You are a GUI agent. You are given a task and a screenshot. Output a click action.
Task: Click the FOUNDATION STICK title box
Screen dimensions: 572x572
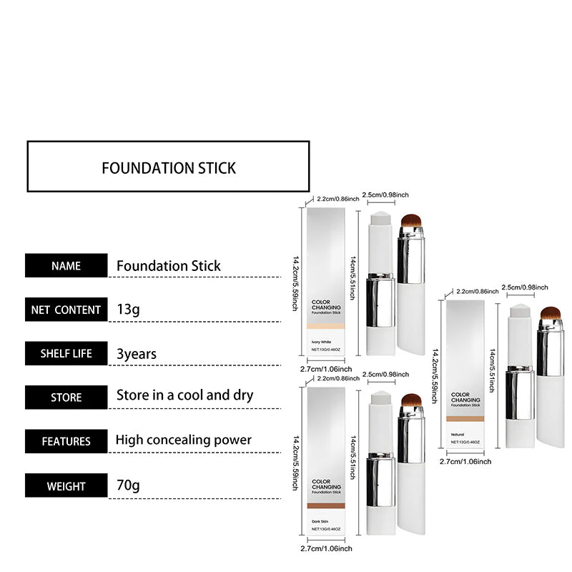(168, 167)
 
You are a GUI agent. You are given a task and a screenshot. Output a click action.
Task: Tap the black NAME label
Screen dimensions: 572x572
(66, 266)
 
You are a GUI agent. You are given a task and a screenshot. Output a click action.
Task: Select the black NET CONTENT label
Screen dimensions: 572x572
(66, 310)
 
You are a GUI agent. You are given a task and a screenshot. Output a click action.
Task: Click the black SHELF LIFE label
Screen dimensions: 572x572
(66, 353)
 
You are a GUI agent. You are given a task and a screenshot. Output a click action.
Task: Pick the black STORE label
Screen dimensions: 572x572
(66, 397)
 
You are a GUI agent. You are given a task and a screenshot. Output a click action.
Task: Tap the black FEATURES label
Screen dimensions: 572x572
(66, 441)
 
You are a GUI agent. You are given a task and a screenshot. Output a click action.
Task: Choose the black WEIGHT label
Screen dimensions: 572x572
(66, 486)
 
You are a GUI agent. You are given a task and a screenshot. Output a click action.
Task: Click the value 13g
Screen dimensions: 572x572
(129, 310)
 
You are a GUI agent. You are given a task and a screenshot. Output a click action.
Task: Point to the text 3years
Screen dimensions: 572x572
(137, 353)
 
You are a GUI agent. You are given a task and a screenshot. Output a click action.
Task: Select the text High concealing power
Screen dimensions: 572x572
(184, 440)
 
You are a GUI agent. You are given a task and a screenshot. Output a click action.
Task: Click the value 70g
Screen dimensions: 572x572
(129, 486)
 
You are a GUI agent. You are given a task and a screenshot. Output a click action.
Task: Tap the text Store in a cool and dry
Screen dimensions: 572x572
(184, 395)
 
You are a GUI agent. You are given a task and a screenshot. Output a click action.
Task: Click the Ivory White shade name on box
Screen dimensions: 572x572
(322, 341)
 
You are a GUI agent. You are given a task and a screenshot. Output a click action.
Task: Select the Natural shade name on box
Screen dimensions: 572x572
(458, 433)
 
